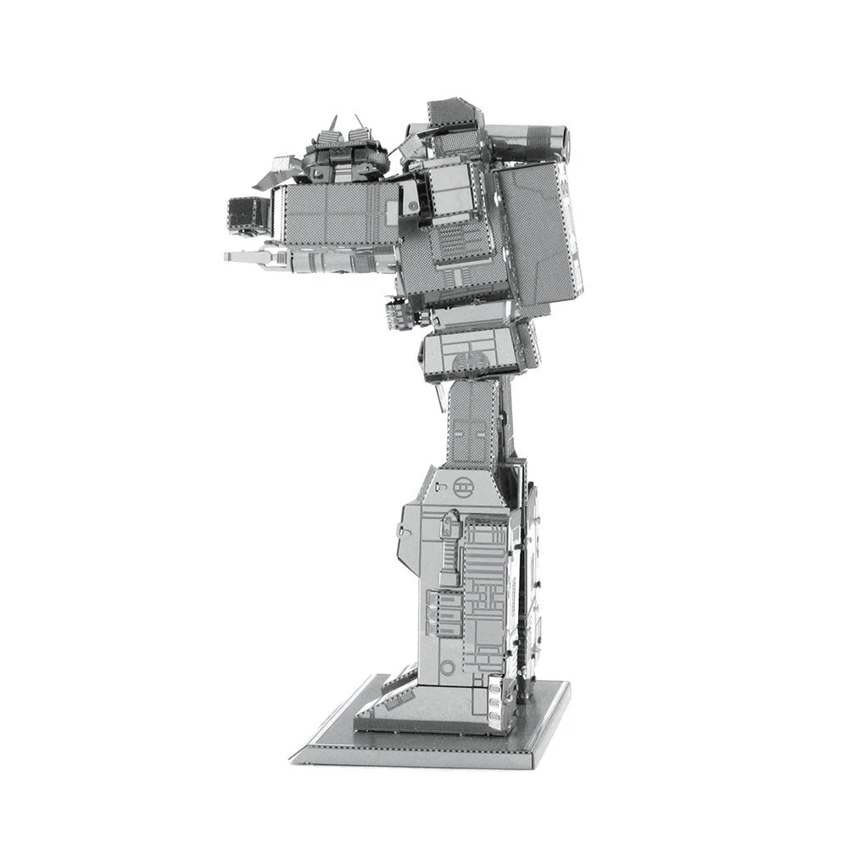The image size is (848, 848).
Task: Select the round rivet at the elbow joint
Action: point(412,206)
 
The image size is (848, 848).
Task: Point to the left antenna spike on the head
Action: point(333,125)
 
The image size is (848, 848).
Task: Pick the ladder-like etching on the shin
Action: point(449,551)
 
